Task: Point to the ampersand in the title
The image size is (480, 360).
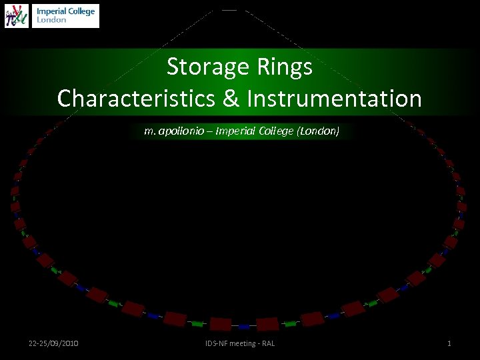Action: [231, 99]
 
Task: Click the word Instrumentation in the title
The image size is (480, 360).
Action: [334, 99]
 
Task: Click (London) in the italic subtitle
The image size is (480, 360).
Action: [318, 131]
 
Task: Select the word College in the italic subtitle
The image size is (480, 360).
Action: [275, 131]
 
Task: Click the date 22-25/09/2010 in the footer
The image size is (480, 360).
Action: [53, 343]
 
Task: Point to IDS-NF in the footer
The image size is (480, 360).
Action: [217, 343]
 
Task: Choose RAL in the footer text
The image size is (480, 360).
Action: [268, 343]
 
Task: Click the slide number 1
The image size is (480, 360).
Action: [449, 343]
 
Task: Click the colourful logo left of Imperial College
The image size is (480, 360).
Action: [17, 15]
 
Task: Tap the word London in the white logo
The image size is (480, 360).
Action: [51, 20]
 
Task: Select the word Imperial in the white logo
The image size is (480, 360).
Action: [51, 11]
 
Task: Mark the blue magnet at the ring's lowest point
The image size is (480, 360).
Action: [245, 327]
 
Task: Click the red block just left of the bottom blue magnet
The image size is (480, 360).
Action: [221, 325]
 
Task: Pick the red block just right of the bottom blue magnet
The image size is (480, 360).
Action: [267, 324]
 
